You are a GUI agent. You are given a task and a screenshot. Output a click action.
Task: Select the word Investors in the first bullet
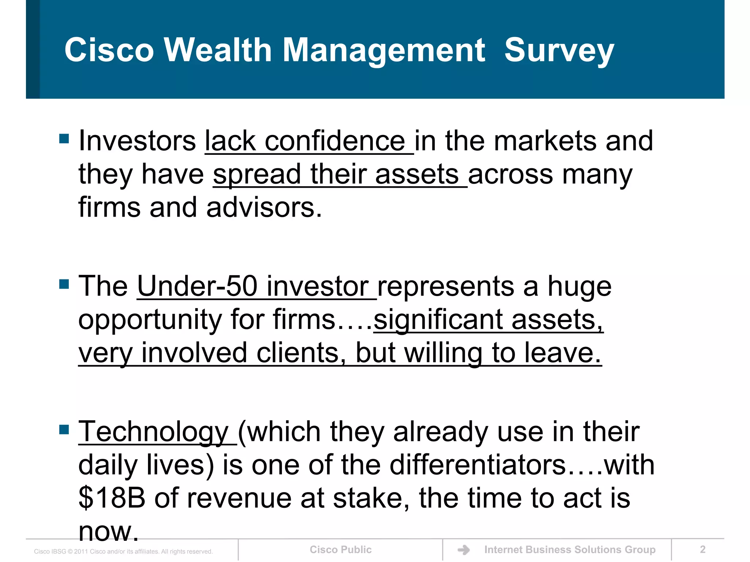click(137, 141)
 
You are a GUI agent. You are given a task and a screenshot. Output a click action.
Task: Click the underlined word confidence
click(335, 141)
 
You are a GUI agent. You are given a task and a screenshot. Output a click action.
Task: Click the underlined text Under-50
click(197, 286)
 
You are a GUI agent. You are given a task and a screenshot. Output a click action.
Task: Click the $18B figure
click(112, 498)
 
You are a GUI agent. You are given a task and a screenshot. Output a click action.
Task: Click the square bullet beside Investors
click(64, 139)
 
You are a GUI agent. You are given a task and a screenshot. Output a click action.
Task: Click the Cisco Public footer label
click(341, 550)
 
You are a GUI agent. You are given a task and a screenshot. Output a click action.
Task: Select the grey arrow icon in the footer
click(464, 550)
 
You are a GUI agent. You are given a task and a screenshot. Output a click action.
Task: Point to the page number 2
click(702, 550)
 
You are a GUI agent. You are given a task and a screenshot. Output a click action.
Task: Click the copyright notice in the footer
click(123, 551)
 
